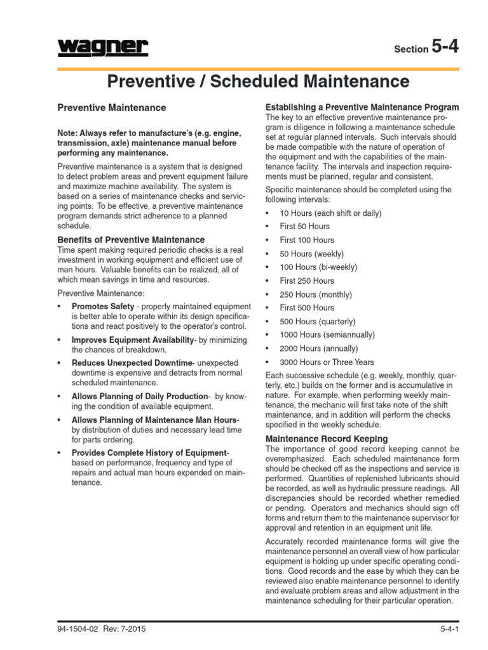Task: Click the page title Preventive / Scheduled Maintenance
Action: coord(258,81)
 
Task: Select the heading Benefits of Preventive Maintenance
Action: coord(131,240)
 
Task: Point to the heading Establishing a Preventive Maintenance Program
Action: coord(362,107)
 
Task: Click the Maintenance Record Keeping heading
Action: coord(326,439)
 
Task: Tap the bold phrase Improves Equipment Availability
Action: coord(132,340)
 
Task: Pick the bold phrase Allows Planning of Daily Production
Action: coord(140,396)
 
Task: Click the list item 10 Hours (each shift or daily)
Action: coord(330,213)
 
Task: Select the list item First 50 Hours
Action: coord(305,227)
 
